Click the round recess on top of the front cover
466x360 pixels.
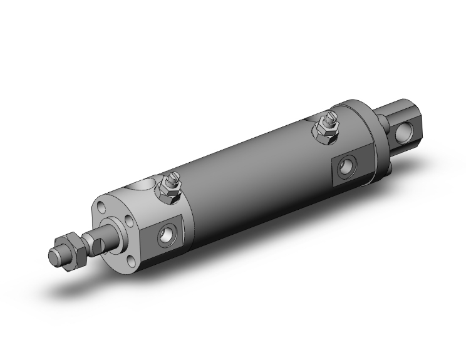143,185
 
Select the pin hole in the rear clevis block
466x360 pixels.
405,132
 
